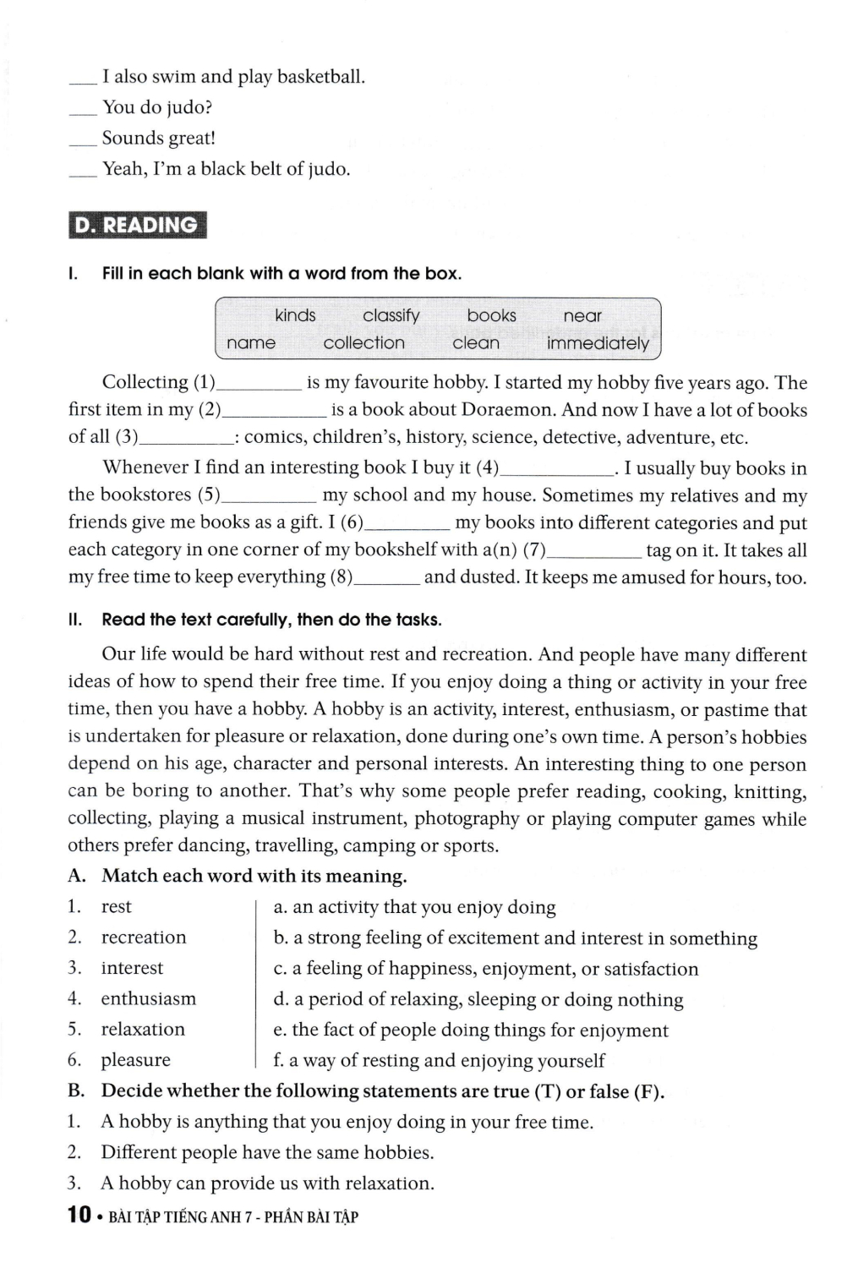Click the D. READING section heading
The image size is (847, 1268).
[x=136, y=225]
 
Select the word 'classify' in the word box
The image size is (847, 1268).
[x=391, y=315]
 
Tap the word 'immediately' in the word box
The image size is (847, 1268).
[x=598, y=343]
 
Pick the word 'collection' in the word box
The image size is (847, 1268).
[x=363, y=343]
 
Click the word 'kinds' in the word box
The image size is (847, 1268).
[x=295, y=315]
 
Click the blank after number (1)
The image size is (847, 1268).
[x=259, y=385]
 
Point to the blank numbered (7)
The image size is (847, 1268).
[x=593, y=552]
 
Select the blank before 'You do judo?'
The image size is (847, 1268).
[x=83, y=110]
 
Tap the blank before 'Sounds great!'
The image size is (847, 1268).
[x=83, y=140]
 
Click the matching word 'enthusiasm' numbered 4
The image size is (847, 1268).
[x=148, y=998]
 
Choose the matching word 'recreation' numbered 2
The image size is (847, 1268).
[x=144, y=937]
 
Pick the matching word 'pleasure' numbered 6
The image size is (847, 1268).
[x=135, y=1060]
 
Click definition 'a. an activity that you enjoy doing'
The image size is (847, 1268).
[x=414, y=907]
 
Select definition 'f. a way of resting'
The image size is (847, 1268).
[x=439, y=1060]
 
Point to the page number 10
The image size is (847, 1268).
[x=79, y=1216]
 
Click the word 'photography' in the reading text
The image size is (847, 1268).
[x=467, y=818]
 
